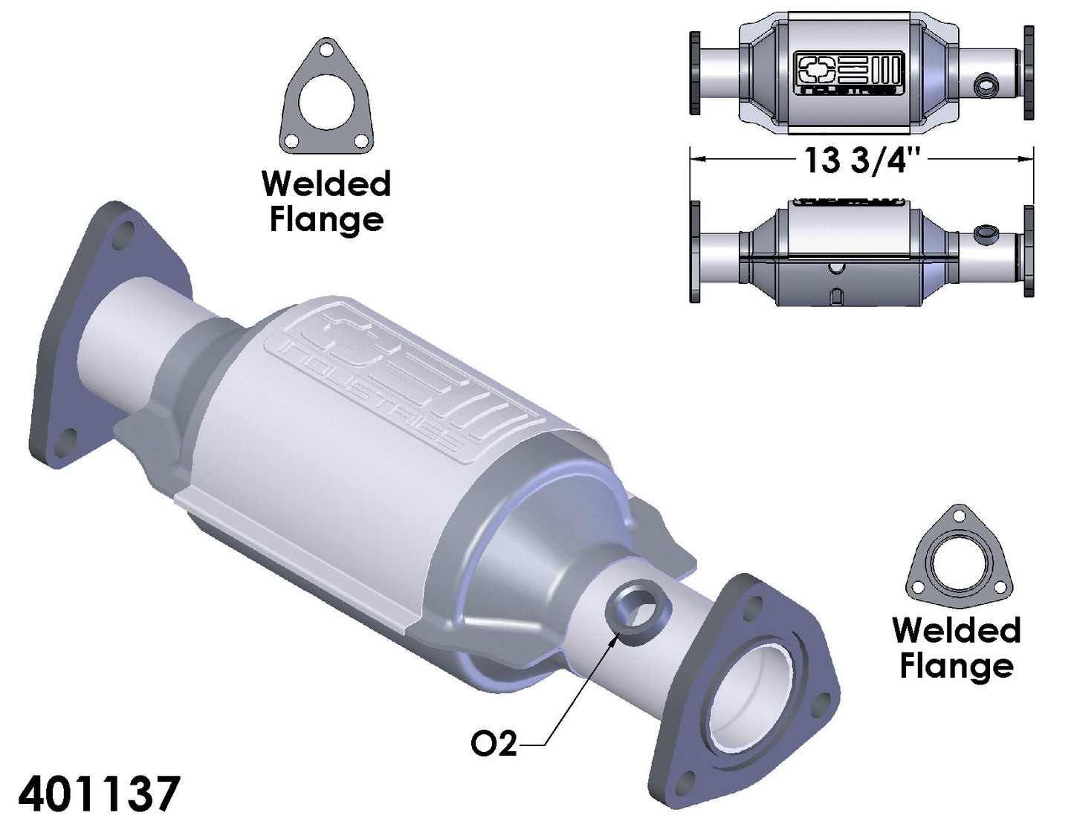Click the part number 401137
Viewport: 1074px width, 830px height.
point(99,793)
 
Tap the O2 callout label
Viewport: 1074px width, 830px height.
point(494,742)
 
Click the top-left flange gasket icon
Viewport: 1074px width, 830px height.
point(326,97)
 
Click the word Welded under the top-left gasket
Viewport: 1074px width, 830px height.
point(326,184)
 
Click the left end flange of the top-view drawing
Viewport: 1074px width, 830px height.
point(695,73)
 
